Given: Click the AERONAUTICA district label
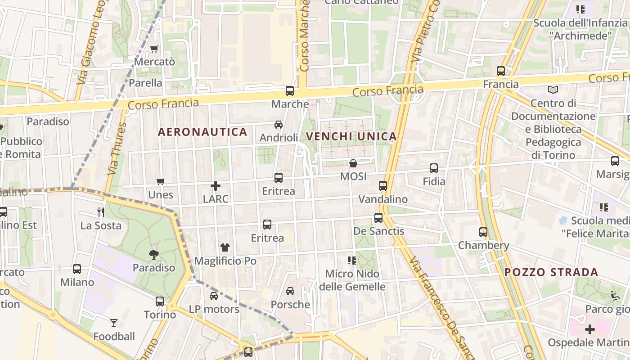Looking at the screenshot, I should pos(202,132).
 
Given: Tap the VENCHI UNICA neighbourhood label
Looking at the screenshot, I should pos(351,136).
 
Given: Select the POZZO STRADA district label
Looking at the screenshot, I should pos(551,272).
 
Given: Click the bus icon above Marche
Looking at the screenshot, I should pos(290,90).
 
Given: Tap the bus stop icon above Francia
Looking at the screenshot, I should pos(501,71).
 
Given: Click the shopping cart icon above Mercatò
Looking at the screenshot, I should pos(154,49).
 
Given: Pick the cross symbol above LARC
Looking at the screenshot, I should pos(216,185).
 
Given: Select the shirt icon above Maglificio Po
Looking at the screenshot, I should pos(225,247).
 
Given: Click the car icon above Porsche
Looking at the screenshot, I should pos(290,291).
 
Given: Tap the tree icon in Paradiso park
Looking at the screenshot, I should pos(154,255).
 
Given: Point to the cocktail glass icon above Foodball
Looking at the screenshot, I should pos(114,323).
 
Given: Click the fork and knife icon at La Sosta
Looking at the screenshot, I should pos(101,212).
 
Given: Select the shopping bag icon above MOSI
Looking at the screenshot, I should pos(353,163).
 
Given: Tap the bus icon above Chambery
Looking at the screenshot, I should pos(483,232).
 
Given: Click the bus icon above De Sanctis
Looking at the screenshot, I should pos(378,218).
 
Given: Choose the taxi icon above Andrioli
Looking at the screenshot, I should pos(279,125).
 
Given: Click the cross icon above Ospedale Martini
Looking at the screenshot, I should pos(590,329).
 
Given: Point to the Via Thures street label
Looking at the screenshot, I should pos(115,148).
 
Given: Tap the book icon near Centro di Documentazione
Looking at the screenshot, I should pos(553,90).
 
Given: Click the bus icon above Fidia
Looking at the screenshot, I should pos(434,168).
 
